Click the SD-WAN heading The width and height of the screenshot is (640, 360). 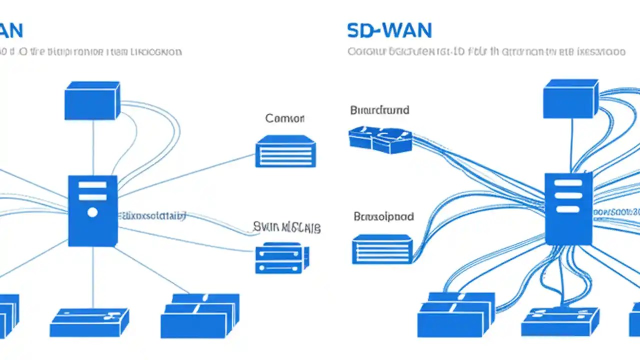(389, 30)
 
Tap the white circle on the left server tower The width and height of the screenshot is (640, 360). (92, 212)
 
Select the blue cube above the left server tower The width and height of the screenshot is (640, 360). (92, 100)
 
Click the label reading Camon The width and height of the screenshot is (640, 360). (284, 118)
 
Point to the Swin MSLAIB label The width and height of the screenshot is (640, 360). (286, 228)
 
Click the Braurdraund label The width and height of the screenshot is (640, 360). (379, 110)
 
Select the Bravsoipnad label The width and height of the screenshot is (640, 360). (383, 217)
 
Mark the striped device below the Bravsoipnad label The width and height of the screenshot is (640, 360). (382, 248)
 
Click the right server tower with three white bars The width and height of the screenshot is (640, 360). (568, 208)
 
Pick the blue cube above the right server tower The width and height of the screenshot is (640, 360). (570, 98)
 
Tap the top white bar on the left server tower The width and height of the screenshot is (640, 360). (92, 185)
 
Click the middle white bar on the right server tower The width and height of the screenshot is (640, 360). (568, 196)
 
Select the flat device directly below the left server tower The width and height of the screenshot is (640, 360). (89, 322)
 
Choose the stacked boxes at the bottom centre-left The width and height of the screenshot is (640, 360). (199, 316)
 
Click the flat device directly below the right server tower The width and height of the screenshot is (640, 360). (559, 321)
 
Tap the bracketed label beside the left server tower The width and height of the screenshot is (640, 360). (152, 216)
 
